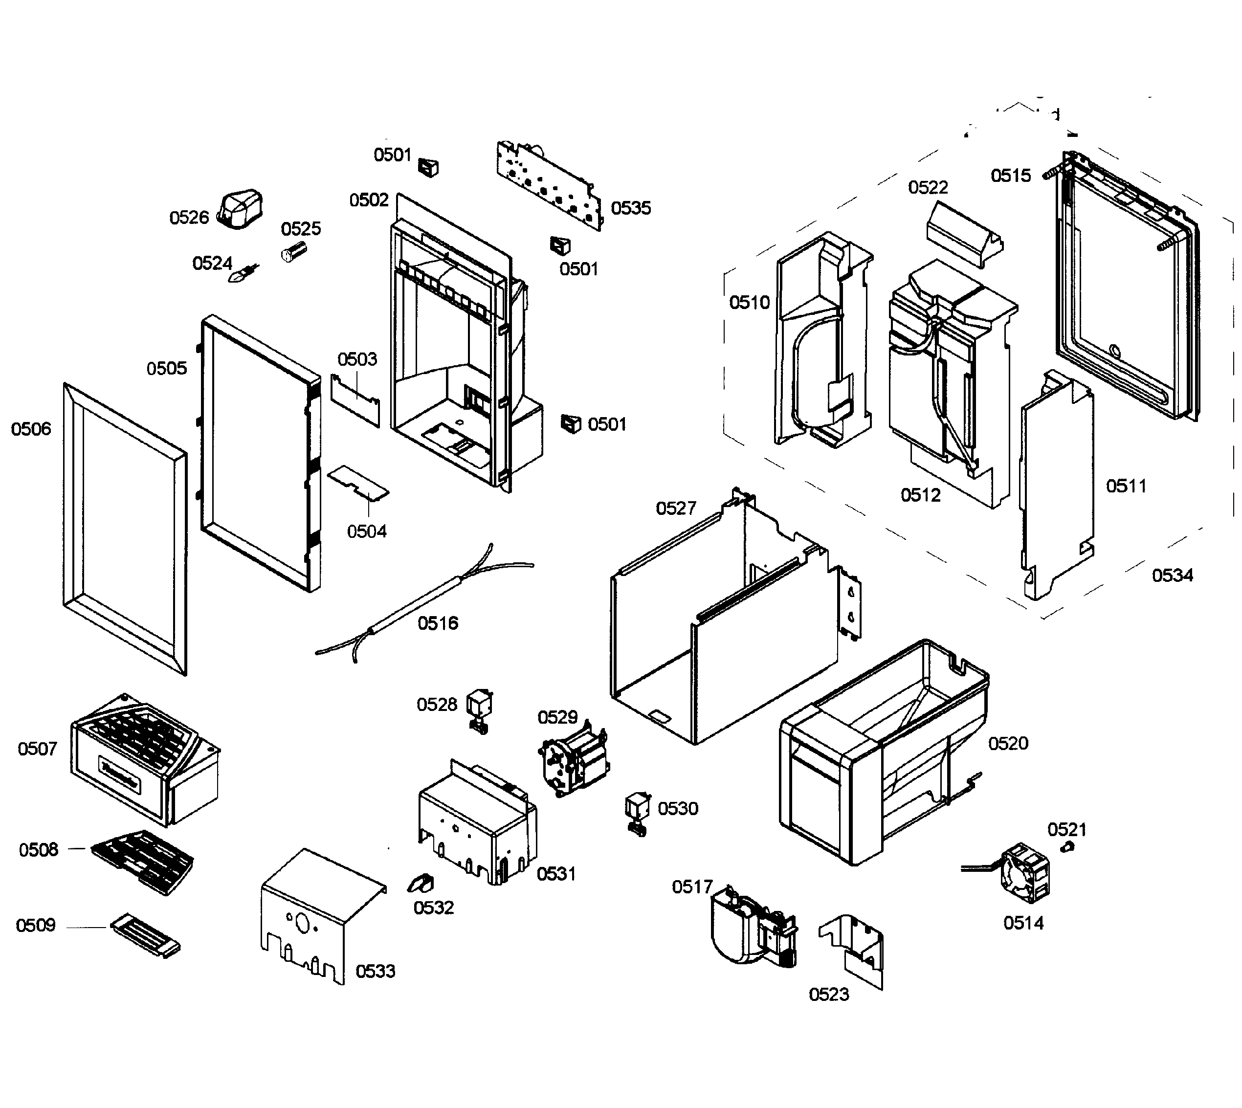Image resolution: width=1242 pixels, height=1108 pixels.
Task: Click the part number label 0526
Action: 189,217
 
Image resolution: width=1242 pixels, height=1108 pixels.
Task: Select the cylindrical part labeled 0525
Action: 294,251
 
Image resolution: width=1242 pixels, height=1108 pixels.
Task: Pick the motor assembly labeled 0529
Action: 573,758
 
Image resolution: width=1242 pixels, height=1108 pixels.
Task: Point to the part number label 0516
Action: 438,623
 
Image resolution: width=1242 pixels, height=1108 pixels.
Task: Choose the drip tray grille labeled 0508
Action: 142,862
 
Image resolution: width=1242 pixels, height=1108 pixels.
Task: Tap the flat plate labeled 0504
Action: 358,482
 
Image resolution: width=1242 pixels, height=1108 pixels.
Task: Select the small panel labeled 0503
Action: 355,400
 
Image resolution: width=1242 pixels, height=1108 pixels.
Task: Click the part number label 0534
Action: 1173,576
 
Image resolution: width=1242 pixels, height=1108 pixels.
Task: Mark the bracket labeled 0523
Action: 851,951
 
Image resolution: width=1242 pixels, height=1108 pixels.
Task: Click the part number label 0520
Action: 1008,743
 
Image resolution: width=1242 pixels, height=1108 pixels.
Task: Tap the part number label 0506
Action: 31,429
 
